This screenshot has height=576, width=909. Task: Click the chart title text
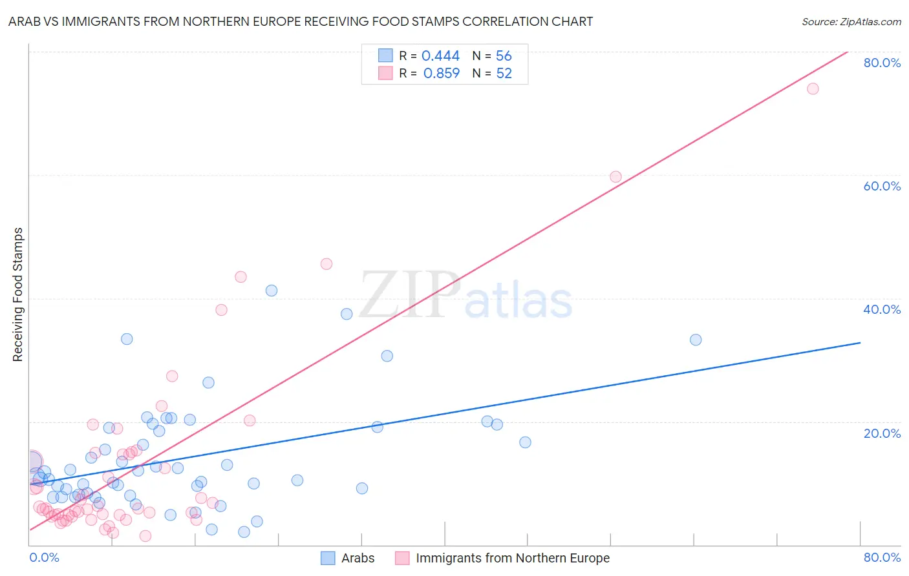coord(301,21)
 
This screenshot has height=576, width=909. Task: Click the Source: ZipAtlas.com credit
coord(851,21)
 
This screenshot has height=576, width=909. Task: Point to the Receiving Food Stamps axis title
coord(17,294)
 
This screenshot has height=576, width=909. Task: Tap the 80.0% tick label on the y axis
coord(882,63)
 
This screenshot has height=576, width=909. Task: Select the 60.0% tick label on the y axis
coord(882,186)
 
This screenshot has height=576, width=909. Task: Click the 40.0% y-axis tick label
coord(882,309)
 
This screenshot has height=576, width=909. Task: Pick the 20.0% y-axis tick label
coord(882,433)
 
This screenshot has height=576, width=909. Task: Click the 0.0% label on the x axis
coord(44,557)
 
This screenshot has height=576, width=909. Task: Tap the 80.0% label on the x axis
coord(882,557)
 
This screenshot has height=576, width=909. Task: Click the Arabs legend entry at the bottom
coord(358,558)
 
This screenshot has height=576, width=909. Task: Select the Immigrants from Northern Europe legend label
coord(512,558)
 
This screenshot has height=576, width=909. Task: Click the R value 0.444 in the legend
coord(440,56)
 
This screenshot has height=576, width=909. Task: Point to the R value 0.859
coord(441,74)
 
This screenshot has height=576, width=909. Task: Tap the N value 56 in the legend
coord(504,56)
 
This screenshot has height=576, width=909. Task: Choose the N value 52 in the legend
coord(504,74)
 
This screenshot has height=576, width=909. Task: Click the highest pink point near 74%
coord(813,88)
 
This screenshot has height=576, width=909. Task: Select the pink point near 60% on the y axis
coord(615,177)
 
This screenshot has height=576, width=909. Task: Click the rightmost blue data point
coord(696,340)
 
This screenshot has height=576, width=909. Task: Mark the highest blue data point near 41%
coord(272,291)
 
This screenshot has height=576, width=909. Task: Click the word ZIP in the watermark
coord(410,295)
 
